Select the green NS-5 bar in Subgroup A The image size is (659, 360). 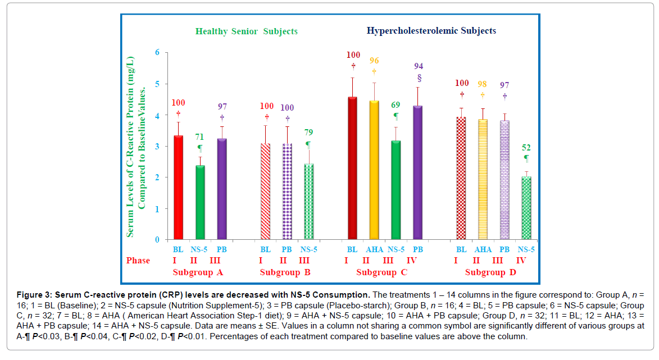(x=200, y=202)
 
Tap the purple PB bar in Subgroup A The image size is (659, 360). (x=222, y=189)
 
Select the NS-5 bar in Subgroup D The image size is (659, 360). (x=526, y=208)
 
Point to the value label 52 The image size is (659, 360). (x=526, y=148)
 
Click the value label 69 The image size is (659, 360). (x=396, y=105)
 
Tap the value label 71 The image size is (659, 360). (x=200, y=136)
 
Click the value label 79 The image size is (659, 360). (x=309, y=133)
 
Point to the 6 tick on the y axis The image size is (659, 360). (x=158, y=53)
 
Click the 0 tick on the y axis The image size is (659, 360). (x=158, y=240)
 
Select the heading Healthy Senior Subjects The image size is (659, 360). (x=246, y=31)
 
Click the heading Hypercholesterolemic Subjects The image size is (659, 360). (x=431, y=31)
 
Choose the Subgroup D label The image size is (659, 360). (x=490, y=273)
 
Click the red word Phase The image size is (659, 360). (x=138, y=261)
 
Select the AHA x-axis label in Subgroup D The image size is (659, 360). (x=483, y=249)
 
